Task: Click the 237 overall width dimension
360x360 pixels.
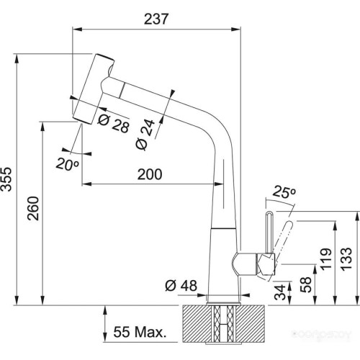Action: pos(156,19)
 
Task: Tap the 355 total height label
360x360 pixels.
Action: pos(6,179)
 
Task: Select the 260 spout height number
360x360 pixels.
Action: pos(33,208)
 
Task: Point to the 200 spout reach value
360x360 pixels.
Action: pos(150,174)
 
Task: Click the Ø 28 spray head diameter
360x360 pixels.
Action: pos(114,123)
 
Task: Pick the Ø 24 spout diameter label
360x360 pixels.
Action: pos(145,134)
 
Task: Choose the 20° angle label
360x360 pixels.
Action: pos(67,164)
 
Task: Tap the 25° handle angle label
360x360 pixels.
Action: pos(284,192)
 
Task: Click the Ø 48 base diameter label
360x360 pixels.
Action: pos(181,285)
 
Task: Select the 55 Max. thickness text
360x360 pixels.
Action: pos(140,332)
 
